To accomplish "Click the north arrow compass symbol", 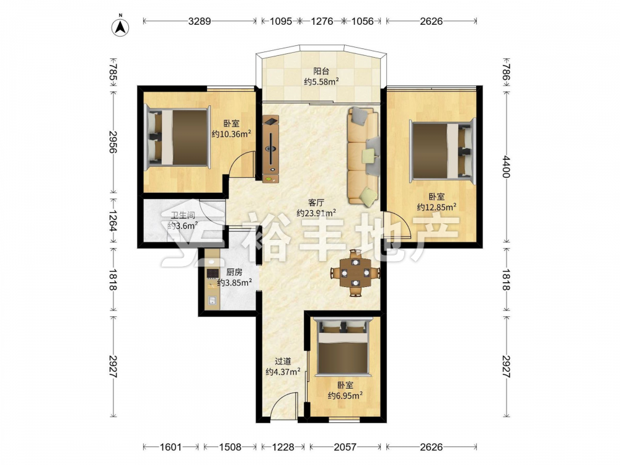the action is (x=121, y=27).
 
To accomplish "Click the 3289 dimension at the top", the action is (x=199, y=21).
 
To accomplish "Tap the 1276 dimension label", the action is (x=322, y=21).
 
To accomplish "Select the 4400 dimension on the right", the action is (x=507, y=166).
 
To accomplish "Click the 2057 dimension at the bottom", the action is (x=345, y=447).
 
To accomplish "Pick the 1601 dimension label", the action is (x=171, y=447).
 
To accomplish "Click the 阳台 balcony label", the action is (x=321, y=71).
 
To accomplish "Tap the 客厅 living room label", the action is (x=316, y=203).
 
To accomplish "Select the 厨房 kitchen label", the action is (x=234, y=272).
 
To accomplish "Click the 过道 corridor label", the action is (x=283, y=361).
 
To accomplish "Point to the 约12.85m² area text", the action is (x=436, y=207).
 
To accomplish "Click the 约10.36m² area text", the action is (x=231, y=134).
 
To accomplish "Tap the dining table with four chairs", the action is (x=355, y=272).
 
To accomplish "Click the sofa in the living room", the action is (x=363, y=157).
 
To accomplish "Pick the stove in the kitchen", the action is (x=213, y=273).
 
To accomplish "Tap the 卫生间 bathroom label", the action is (x=183, y=216).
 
